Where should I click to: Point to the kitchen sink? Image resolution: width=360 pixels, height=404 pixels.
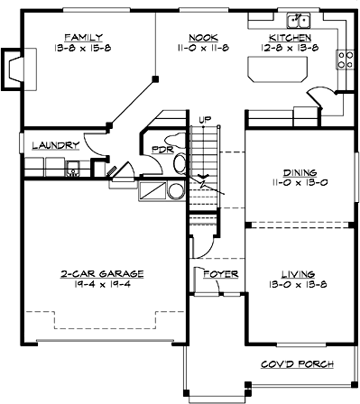click(x=298, y=20)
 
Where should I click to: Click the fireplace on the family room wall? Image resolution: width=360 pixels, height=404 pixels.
click(x=14, y=66)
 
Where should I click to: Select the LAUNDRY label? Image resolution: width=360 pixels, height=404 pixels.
click(x=55, y=145)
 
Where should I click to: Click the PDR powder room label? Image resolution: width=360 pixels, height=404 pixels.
click(x=163, y=150)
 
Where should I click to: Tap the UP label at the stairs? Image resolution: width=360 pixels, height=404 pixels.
click(x=205, y=119)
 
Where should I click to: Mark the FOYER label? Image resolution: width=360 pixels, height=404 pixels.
click(x=219, y=271)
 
